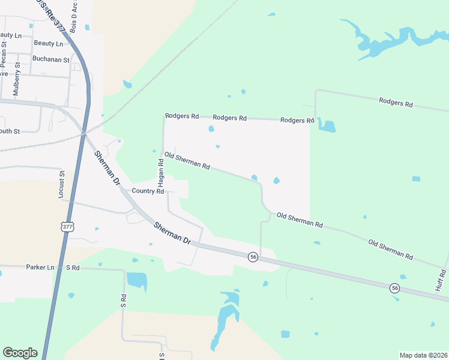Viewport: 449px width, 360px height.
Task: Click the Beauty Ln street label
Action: (x=48, y=43)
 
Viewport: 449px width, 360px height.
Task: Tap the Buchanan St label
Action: (x=51, y=58)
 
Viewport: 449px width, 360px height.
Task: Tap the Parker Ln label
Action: (x=40, y=266)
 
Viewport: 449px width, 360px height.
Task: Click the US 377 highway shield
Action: (x=67, y=227)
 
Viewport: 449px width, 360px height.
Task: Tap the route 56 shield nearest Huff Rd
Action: (x=394, y=287)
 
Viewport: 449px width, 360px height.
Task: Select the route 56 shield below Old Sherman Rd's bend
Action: (x=253, y=256)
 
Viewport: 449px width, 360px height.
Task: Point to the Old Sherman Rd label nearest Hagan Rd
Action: (x=187, y=161)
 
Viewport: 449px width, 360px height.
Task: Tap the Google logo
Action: (x=20, y=353)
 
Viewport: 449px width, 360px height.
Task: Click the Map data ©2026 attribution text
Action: (x=424, y=355)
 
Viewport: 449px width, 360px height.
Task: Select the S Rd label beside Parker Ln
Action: (x=73, y=267)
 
